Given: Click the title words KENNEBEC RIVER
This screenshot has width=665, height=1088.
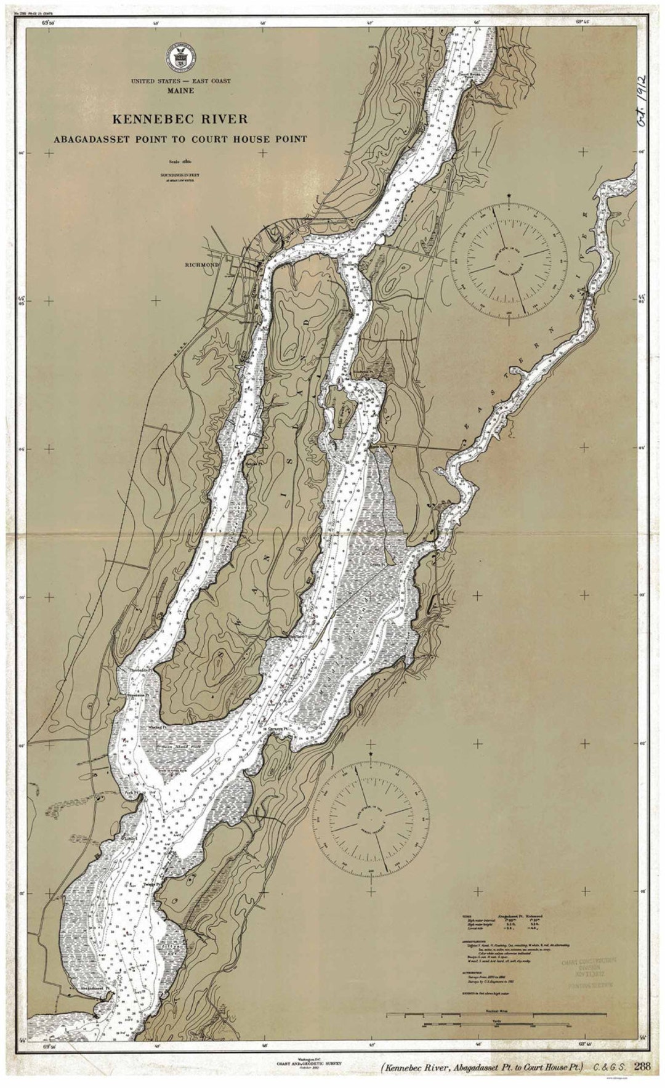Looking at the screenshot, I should coord(180,118).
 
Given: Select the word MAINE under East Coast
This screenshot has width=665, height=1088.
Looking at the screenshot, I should coord(180,91).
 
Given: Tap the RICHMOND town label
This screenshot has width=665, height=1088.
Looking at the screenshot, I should coord(202,265).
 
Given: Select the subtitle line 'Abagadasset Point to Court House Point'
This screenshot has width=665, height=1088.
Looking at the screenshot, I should coord(180,139).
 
